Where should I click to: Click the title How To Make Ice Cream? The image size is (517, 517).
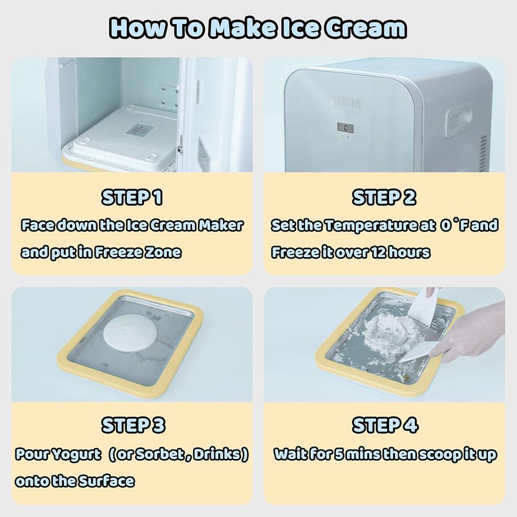[258, 28]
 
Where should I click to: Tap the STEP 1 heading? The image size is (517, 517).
[132, 196]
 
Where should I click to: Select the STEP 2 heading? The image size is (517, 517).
[385, 196]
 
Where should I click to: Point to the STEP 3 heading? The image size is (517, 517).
[132, 425]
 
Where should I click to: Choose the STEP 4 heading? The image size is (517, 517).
[385, 425]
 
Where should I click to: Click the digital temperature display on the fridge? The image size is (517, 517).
[349, 128]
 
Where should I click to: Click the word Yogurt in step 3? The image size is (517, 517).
[83, 455]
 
